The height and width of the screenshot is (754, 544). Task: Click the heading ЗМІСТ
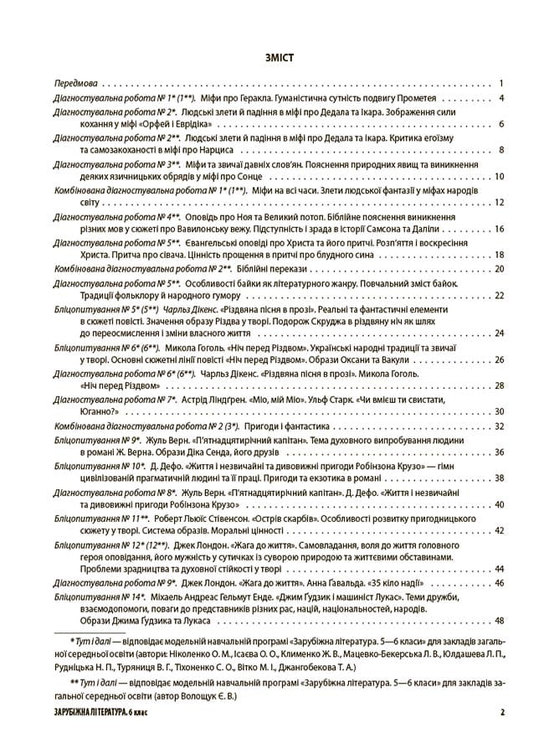pyautogui.click(x=271, y=58)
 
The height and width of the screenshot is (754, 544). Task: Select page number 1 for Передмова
pyautogui.click(x=500, y=84)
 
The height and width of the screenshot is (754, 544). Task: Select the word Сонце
pyautogui.click(x=237, y=177)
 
